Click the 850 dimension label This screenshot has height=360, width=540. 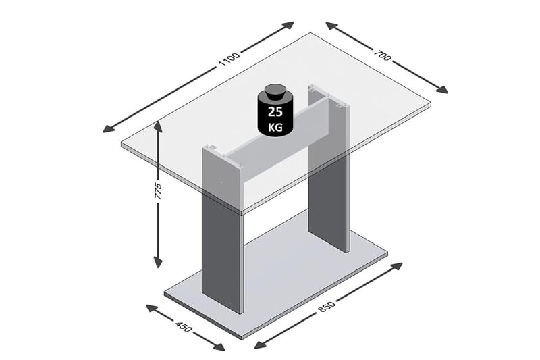[326, 306]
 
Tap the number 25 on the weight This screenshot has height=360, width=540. [275, 111]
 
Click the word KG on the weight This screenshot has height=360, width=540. [275, 126]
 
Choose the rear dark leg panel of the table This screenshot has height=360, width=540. [328, 203]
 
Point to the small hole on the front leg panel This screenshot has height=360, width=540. [219, 181]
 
